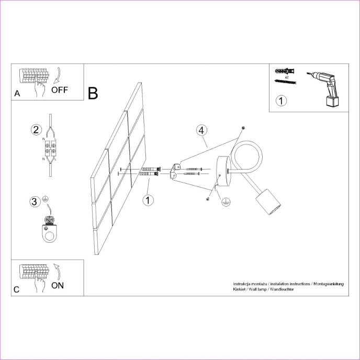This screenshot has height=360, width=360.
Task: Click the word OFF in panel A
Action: (x=59, y=89)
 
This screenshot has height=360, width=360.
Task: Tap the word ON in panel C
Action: (x=58, y=286)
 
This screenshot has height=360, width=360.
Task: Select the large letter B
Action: (x=93, y=93)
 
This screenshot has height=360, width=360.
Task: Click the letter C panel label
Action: (x=17, y=289)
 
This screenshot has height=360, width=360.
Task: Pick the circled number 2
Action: (x=36, y=130)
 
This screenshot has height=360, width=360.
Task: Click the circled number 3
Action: (x=35, y=201)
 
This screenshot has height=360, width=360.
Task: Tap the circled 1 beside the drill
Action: (x=282, y=100)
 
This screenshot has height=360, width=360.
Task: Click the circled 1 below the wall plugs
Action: (x=149, y=199)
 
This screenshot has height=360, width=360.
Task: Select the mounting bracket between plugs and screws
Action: (x=174, y=171)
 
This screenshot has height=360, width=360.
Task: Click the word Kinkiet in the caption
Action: (x=240, y=289)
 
